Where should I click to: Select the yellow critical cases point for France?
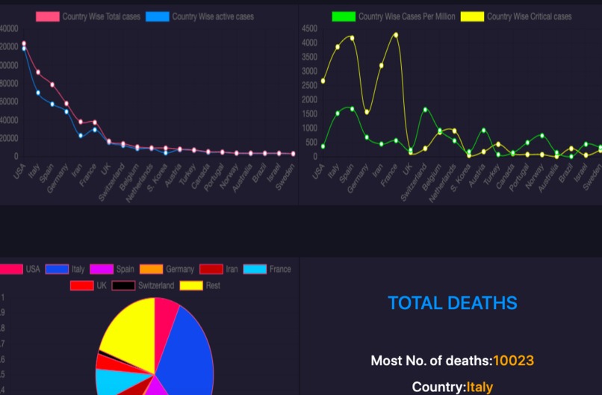point(396,34)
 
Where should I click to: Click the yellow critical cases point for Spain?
point(352,37)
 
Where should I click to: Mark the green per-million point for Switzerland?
point(425,110)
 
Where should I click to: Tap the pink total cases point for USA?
point(24,43)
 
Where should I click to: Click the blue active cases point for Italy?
point(38,93)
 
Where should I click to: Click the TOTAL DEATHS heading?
point(452,302)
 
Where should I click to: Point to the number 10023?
point(513,361)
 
